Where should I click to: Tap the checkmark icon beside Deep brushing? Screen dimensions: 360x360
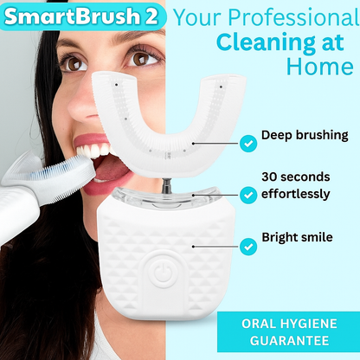[248, 138]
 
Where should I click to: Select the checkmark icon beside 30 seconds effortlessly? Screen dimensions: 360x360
[248, 195]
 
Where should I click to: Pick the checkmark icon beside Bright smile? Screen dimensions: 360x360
[248, 247]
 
